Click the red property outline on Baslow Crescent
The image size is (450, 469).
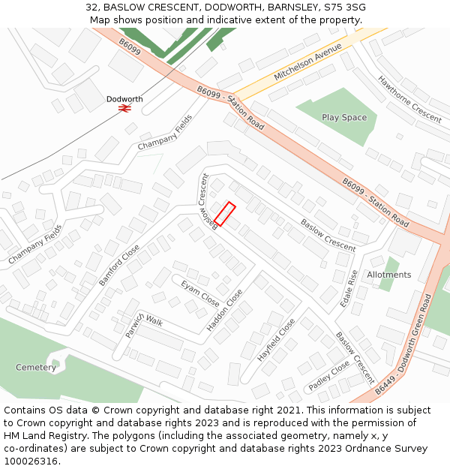click(225, 214)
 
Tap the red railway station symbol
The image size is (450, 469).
click(124, 108)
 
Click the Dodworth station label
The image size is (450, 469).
click(124, 99)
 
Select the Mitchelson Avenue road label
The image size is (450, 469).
click(307, 62)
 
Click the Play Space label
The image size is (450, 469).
click(344, 117)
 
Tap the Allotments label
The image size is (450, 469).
click(389, 275)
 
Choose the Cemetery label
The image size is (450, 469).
click(36, 368)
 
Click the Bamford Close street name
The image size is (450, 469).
click(119, 265)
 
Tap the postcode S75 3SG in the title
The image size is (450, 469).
click(346, 8)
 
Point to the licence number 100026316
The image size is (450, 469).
click(31, 461)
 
